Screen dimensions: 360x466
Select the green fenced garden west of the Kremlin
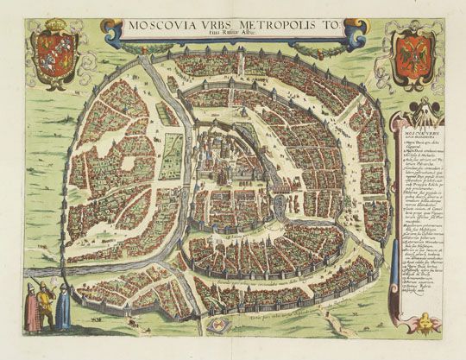129,163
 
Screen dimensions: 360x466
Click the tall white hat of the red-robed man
30,286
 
